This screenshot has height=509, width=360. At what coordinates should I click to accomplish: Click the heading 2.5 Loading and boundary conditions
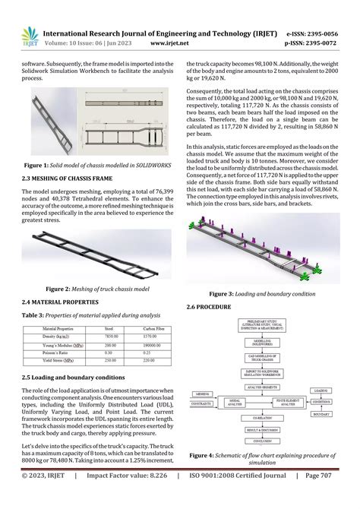coord(72,377)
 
